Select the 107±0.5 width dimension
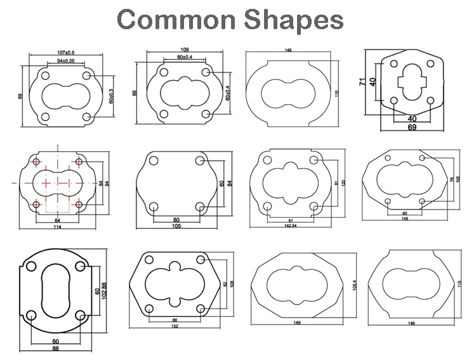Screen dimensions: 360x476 coord(65,51)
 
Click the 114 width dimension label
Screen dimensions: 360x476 coord(58,227)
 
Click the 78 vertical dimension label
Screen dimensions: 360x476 coord(451,180)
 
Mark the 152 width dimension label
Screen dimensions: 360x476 coord(175,326)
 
